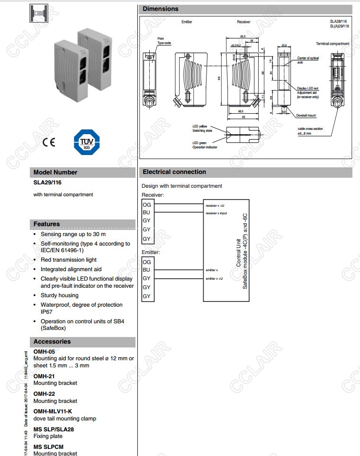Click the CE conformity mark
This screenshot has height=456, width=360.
pyautogui.click(x=49, y=143)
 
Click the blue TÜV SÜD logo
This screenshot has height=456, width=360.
pyautogui.click(x=86, y=142)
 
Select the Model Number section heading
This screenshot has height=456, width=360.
pyautogui.click(x=55, y=173)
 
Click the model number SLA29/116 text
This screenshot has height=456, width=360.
pyautogui.click(x=47, y=182)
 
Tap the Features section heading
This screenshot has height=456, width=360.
pyautogui.click(x=46, y=224)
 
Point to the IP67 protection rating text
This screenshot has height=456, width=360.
pyautogui.click(x=46, y=312)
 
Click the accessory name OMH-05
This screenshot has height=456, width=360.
pyautogui.click(x=44, y=352)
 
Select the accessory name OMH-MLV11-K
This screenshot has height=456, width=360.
pyautogui.click(x=53, y=411)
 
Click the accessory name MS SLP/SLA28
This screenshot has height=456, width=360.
pyautogui.click(x=54, y=429)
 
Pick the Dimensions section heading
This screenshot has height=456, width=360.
pyautogui.click(x=161, y=9)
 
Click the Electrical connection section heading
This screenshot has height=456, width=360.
pyautogui.click(x=174, y=172)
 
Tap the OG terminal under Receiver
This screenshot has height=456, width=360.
pyautogui.click(x=147, y=205)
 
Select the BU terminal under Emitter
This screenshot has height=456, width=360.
pyautogui.click(x=147, y=270)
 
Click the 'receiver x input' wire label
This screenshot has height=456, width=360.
pyautogui.click(x=216, y=213)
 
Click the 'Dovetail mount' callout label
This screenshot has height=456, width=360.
pyautogui.click(x=306, y=115)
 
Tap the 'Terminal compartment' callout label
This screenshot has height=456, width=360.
pyautogui.click(x=333, y=44)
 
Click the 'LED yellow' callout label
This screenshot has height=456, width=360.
pyautogui.click(x=199, y=126)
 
